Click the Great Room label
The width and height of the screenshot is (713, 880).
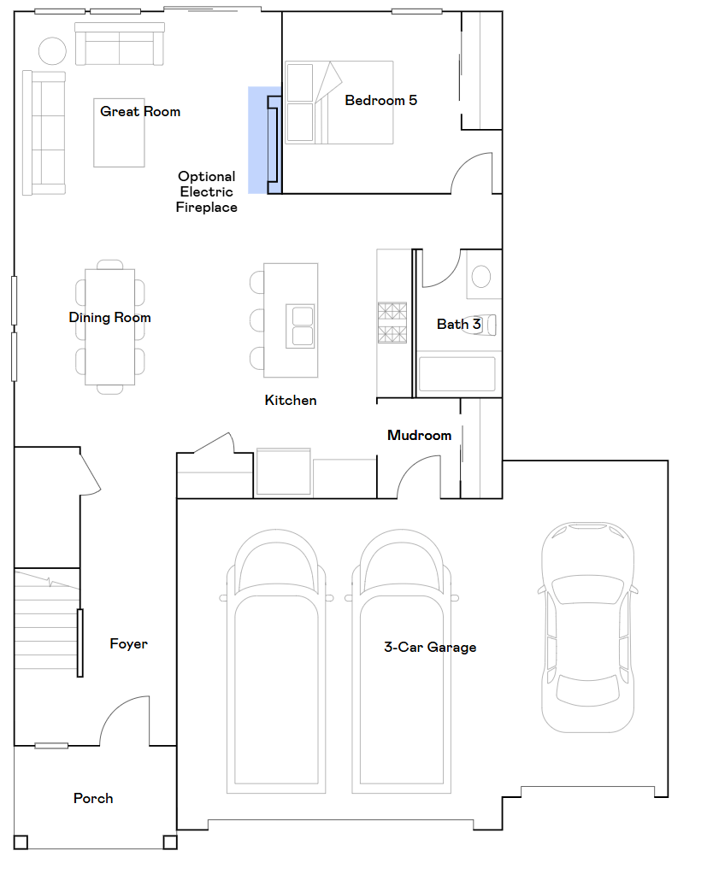(140, 111)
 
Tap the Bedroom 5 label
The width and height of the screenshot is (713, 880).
(380, 101)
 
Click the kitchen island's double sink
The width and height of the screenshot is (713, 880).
(302, 326)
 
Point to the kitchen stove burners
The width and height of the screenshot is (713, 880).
(392, 322)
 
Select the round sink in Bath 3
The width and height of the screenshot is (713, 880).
(481, 276)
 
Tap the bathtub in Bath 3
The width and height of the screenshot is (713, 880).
(457, 374)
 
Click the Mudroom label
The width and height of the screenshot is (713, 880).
(419, 436)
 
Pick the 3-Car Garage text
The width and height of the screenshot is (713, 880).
(430, 648)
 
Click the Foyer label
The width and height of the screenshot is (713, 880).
(128, 644)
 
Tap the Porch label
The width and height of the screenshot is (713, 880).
(93, 799)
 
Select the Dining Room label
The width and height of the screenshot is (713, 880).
(109, 318)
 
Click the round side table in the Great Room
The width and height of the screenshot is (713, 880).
(52, 51)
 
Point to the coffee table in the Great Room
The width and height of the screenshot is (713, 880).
(120, 132)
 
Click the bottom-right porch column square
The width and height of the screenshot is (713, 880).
(170, 842)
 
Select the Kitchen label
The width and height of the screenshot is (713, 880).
(291, 401)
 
